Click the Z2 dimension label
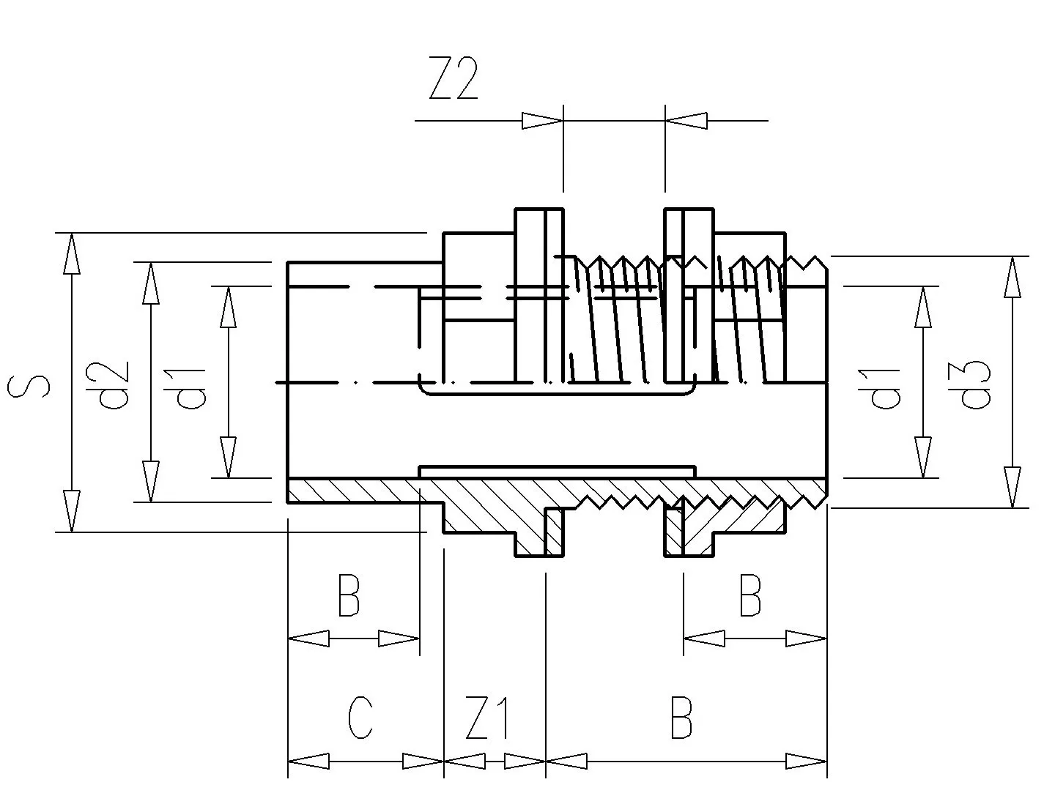[453, 78]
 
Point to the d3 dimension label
[969, 384]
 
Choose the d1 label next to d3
[878, 389]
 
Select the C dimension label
[360, 718]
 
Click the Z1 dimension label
[486, 718]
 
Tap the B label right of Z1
[681, 718]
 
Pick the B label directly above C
[349, 595]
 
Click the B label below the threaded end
[750, 595]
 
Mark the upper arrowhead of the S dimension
[72, 253]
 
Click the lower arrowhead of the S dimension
[72, 511]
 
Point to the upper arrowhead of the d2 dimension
[151, 283]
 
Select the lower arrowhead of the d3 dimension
[1012, 487]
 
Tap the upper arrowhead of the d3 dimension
[1012, 278]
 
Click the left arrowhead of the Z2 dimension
[542, 121]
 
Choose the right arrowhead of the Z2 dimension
[686, 121]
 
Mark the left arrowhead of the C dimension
[308, 761]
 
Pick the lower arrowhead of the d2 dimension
[151, 481]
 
